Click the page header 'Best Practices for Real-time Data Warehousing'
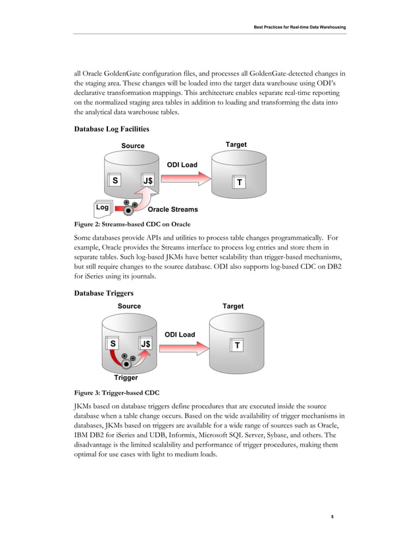pyautogui.click(x=300, y=27)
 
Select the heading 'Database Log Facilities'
pyautogui.click(x=111, y=128)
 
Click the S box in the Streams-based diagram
pyautogui.click(x=115, y=180)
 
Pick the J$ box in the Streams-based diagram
pyautogui.click(x=149, y=180)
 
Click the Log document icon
pyautogui.click(x=102, y=208)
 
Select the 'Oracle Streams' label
pyautogui.click(x=172, y=209)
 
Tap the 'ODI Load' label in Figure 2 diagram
pyautogui.click(x=182, y=164)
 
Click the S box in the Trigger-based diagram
pyautogui.click(x=113, y=344)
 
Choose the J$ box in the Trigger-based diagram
pyautogui.click(x=145, y=344)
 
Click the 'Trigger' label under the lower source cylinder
pyautogui.click(x=126, y=378)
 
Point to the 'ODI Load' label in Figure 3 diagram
pyautogui.click(x=180, y=335)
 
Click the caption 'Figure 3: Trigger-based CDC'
pyautogui.click(x=116, y=393)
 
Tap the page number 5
pyautogui.click(x=332, y=516)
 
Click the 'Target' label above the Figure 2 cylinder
pyautogui.click(x=236, y=144)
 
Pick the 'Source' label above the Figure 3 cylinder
pyautogui.click(x=129, y=306)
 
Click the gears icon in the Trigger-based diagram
pyautogui.click(x=129, y=360)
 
